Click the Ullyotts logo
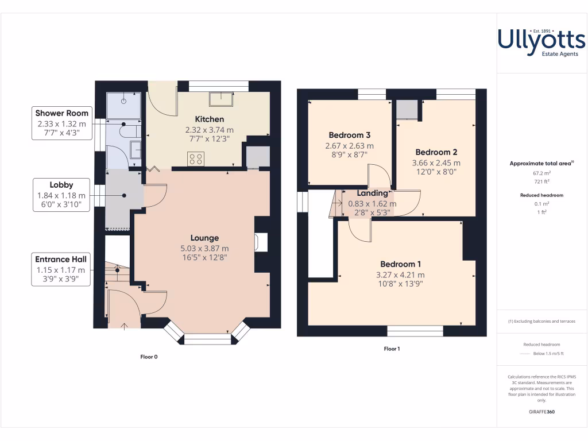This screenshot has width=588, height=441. (541, 42)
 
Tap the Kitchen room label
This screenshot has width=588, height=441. (209, 119)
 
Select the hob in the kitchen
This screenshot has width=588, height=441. (195, 158)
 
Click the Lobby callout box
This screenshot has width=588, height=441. (61, 195)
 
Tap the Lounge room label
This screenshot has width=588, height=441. (205, 238)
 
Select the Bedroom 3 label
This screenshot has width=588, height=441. (350, 136)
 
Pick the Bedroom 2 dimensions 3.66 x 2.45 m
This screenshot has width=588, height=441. (436, 163)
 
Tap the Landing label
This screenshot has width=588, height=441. (372, 194)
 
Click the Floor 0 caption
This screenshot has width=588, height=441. (149, 357)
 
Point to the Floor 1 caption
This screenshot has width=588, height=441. (392, 349)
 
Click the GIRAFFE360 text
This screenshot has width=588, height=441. (542, 412)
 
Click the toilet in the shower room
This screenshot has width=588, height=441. (129, 131)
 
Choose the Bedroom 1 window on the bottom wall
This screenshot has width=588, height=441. (415, 331)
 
